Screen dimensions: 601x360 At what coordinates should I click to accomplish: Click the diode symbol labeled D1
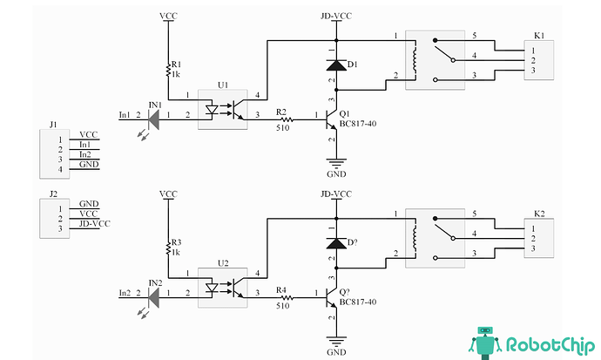point(336,65)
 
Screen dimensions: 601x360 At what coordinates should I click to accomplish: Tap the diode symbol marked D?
point(336,243)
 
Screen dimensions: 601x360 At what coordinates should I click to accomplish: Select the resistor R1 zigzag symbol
point(168,71)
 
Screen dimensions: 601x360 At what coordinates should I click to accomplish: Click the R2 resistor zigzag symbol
point(287,119)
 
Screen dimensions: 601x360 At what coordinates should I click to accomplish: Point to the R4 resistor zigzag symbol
point(287,297)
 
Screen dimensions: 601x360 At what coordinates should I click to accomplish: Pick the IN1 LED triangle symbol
point(153,119)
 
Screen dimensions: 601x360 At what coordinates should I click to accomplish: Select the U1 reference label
point(223,85)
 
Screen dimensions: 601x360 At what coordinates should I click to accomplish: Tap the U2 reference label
point(223,263)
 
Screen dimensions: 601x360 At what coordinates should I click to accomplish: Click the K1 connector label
point(539,36)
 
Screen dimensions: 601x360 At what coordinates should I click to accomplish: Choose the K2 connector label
point(539,214)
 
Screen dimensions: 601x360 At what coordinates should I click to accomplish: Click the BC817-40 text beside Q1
point(358,124)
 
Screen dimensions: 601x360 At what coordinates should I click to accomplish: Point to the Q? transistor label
point(344,292)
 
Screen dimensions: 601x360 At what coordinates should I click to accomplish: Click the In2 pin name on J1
point(85,154)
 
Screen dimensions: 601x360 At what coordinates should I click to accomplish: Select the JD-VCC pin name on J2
point(95,223)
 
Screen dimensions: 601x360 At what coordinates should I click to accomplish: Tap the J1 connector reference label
point(53,125)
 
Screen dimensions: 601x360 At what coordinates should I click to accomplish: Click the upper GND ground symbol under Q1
point(336,164)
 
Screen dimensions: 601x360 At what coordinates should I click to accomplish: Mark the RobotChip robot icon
point(485,343)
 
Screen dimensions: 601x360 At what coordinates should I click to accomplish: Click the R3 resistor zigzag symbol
point(168,248)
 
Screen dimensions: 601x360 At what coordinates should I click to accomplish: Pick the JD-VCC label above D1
point(336,16)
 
